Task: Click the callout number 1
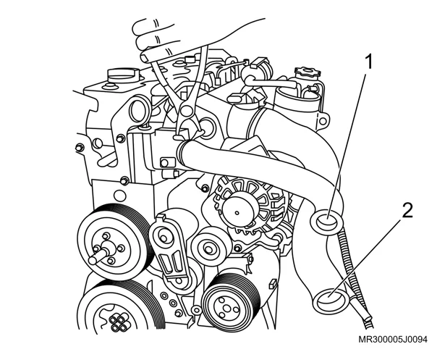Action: [x=368, y=62]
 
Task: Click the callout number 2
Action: [x=408, y=211]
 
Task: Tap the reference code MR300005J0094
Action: [x=393, y=340]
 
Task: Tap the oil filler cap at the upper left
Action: [x=124, y=75]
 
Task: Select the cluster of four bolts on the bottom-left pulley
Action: [x=119, y=322]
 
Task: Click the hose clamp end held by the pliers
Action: [x=181, y=138]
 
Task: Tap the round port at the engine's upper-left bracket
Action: [x=140, y=109]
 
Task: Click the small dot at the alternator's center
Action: [x=237, y=212]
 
